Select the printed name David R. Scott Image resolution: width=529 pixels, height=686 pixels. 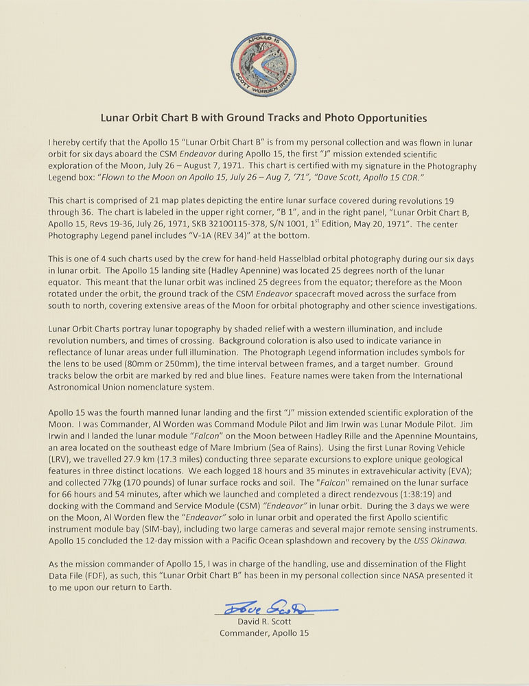click(x=264, y=622)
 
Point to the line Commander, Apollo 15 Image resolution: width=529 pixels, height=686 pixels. click(x=264, y=633)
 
